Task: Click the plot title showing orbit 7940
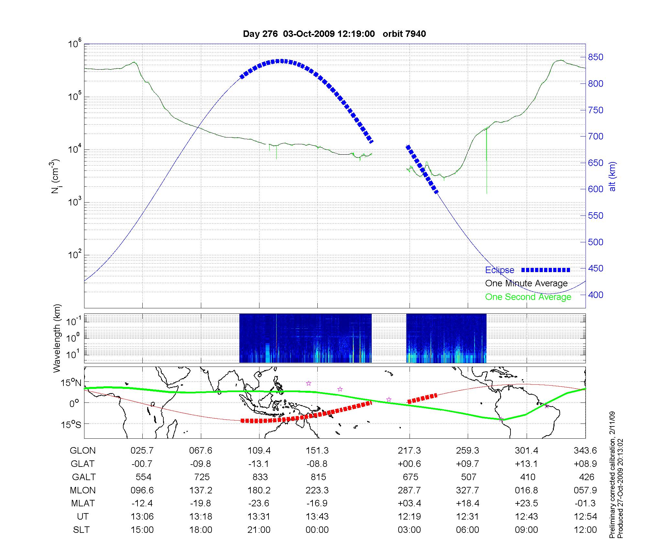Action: (334, 34)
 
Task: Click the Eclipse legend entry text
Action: (499, 270)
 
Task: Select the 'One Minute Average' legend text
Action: (526, 283)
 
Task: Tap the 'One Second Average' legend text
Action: (528, 297)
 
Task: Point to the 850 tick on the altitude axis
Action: (596, 57)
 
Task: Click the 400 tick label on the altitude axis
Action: (596, 295)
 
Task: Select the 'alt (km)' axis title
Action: (612, 176)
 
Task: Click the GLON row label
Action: (83, 450)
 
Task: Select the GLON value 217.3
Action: (409, 450)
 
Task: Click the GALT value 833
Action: (260, 477)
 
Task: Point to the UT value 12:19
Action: (409, 516)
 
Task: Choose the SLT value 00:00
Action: (317, 530)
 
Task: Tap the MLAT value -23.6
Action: (259, 503)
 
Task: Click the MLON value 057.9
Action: (585, 490)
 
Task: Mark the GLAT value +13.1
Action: (526, 464)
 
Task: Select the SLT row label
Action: (81, 530)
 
